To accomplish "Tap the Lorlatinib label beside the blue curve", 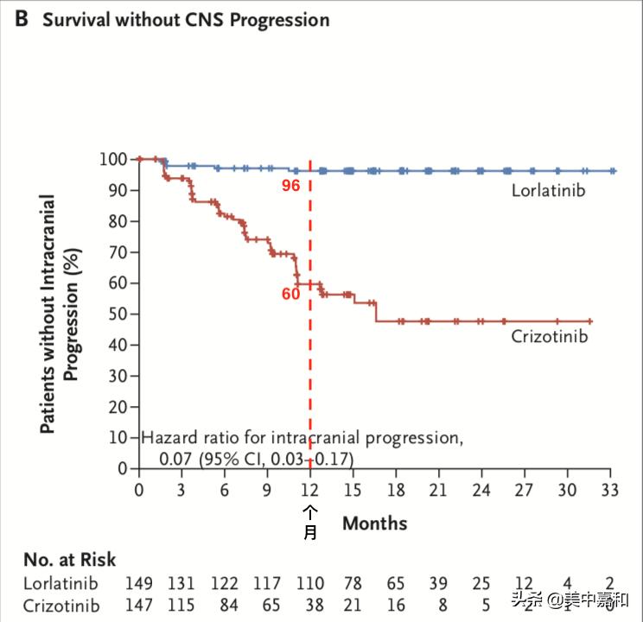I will click(x=548, y=189).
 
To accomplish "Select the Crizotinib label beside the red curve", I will click(x=549, y=336).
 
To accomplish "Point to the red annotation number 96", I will click(x=290, y=186).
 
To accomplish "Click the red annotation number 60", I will click(x=290, y=294).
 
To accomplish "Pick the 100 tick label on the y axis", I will click(x=113, y=159).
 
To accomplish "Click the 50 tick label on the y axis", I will click(x=118, y=314).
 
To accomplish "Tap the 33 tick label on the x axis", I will click(x=610, y=490).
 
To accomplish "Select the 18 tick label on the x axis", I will click(x=396, y=490).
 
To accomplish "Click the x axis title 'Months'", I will click(x=374, y=523).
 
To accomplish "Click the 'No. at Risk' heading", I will click(x=69, y=560).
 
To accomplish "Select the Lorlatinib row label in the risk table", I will click(x=61, y=583).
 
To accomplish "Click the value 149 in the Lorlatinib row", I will click(x=139, y=583).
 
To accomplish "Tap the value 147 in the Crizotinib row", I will click(x=139, y=606).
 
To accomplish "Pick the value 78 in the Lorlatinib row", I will click(x=353, y=583).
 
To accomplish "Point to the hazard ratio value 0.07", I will click(x=175, y=458).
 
